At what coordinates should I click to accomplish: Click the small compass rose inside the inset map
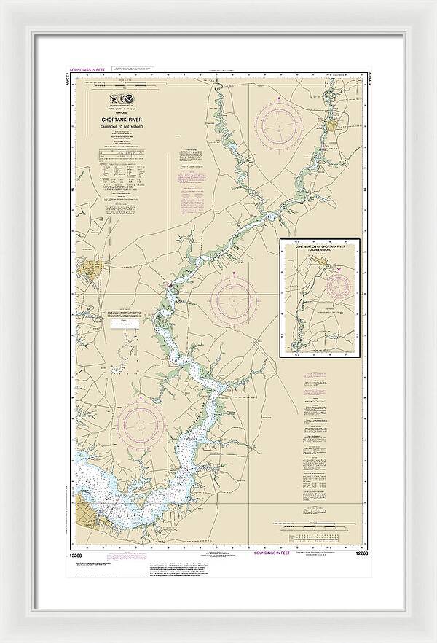click(337, 286)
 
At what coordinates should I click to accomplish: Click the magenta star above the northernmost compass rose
click(277, 96)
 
